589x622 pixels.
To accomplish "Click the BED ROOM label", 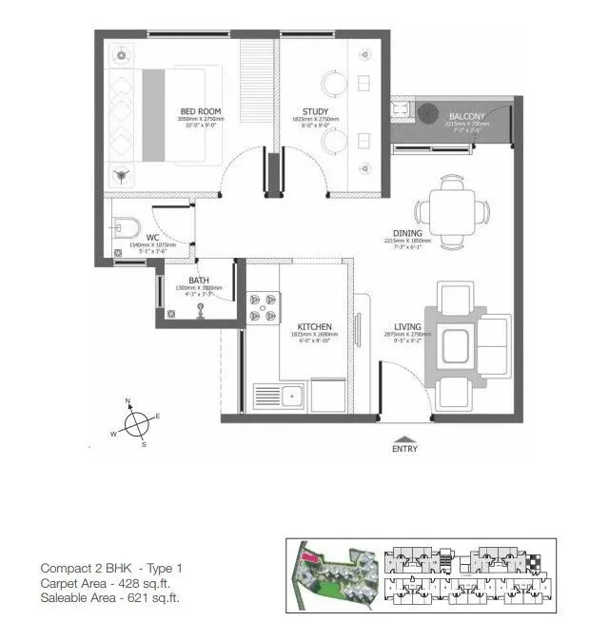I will tap(201, 112).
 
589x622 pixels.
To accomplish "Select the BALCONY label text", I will tap(466, 117).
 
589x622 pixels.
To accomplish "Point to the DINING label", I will tap(408, 233).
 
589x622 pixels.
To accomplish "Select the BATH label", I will tap(199, 280).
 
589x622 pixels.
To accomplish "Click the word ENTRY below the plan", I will tap(404, 451).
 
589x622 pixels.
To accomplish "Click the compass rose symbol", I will tap(138, 421).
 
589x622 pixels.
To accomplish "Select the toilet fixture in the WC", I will tap(125, 226).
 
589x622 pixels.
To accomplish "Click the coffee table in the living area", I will tap(452, 345).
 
